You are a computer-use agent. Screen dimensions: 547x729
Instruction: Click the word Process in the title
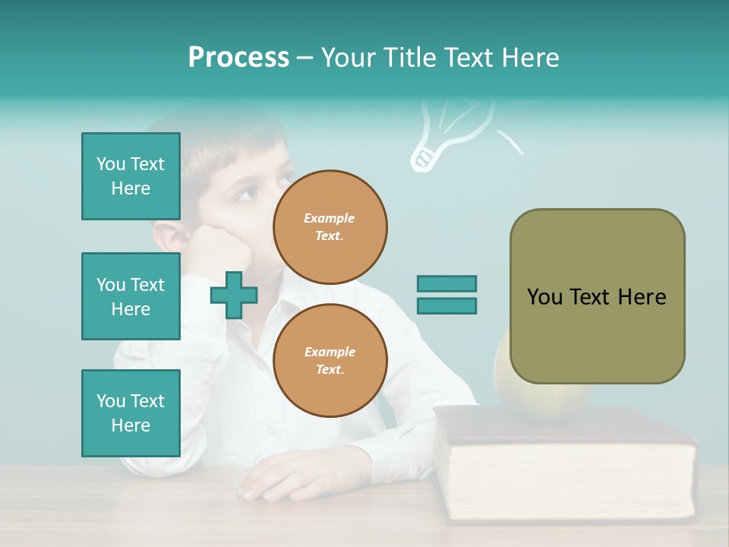pos(238,58)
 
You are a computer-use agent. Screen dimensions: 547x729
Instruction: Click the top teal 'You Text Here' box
pos(131,176)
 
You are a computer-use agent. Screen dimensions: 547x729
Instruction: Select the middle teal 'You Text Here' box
pos(131,296)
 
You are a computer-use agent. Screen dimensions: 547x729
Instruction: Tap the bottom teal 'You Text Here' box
pos(131,413)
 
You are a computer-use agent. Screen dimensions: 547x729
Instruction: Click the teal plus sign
pos(234,295)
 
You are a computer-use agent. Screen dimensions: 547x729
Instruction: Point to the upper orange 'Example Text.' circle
pos(330,227)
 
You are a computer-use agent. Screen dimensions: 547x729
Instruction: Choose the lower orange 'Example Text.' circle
pos(330,360)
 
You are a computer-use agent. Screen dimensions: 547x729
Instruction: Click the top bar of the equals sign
pos(447,284)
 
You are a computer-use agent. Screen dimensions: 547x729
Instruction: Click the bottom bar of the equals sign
pos(447,305)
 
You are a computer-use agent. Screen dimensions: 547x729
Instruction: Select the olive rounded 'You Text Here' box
pos(597,296)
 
